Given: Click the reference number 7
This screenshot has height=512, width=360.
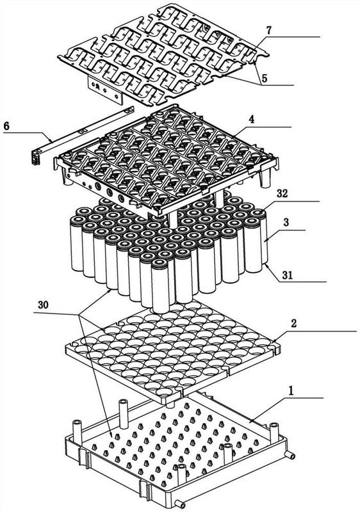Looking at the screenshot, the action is click(268, 30).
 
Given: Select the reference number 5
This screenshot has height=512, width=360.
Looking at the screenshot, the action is click(265, 78).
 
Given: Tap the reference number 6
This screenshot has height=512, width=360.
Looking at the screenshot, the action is click(6, 126).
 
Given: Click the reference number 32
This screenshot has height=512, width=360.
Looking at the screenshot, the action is click(282, 194).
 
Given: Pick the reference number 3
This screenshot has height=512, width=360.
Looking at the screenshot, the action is click(286, 223).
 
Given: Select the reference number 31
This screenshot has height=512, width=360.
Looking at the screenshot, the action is click(288, 275).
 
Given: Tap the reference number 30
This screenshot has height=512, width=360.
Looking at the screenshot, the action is click(43, 305).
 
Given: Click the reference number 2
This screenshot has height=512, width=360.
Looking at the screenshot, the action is click(293, 324).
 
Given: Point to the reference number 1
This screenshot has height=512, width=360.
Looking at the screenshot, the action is click(291, 391).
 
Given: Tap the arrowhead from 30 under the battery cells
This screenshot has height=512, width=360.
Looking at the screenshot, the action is click(110, 290).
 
